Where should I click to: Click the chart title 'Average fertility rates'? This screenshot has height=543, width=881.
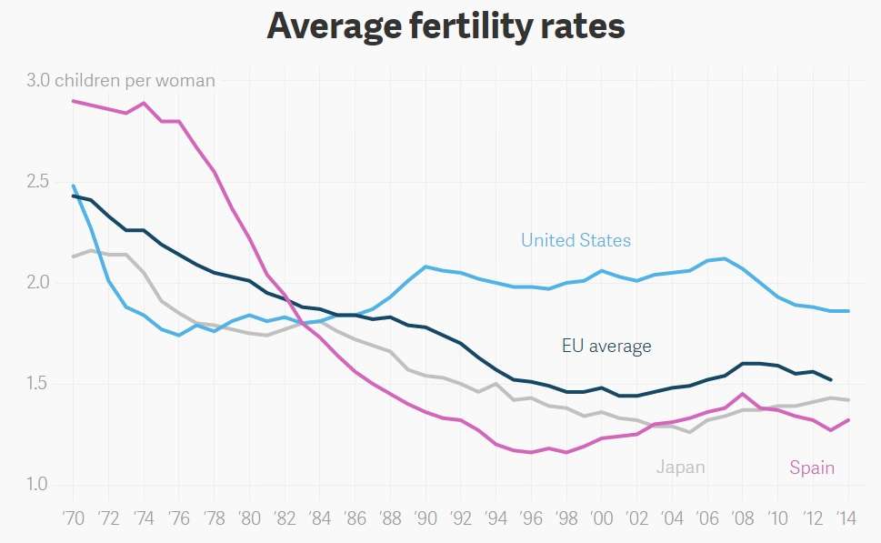tap(446, 26)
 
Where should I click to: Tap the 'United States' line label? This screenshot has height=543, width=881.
tap(576, 240)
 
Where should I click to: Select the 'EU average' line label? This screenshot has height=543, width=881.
tap(606, 346)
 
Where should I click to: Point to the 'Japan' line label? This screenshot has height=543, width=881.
tap(681, 468)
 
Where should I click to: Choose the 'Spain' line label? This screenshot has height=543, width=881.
tap(812, 468)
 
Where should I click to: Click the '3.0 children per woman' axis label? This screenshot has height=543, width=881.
tap(121, 81)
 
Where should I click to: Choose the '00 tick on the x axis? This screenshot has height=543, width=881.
tap(601, 518)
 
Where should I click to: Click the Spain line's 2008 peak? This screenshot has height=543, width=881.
tap(743, 394)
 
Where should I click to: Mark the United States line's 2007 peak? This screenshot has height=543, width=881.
tap(725, 258)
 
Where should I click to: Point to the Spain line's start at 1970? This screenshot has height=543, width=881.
tap(74, 101)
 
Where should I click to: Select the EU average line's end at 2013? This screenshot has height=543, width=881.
tap(830, 379)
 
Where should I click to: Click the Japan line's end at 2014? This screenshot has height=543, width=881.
tap(848, 400)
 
